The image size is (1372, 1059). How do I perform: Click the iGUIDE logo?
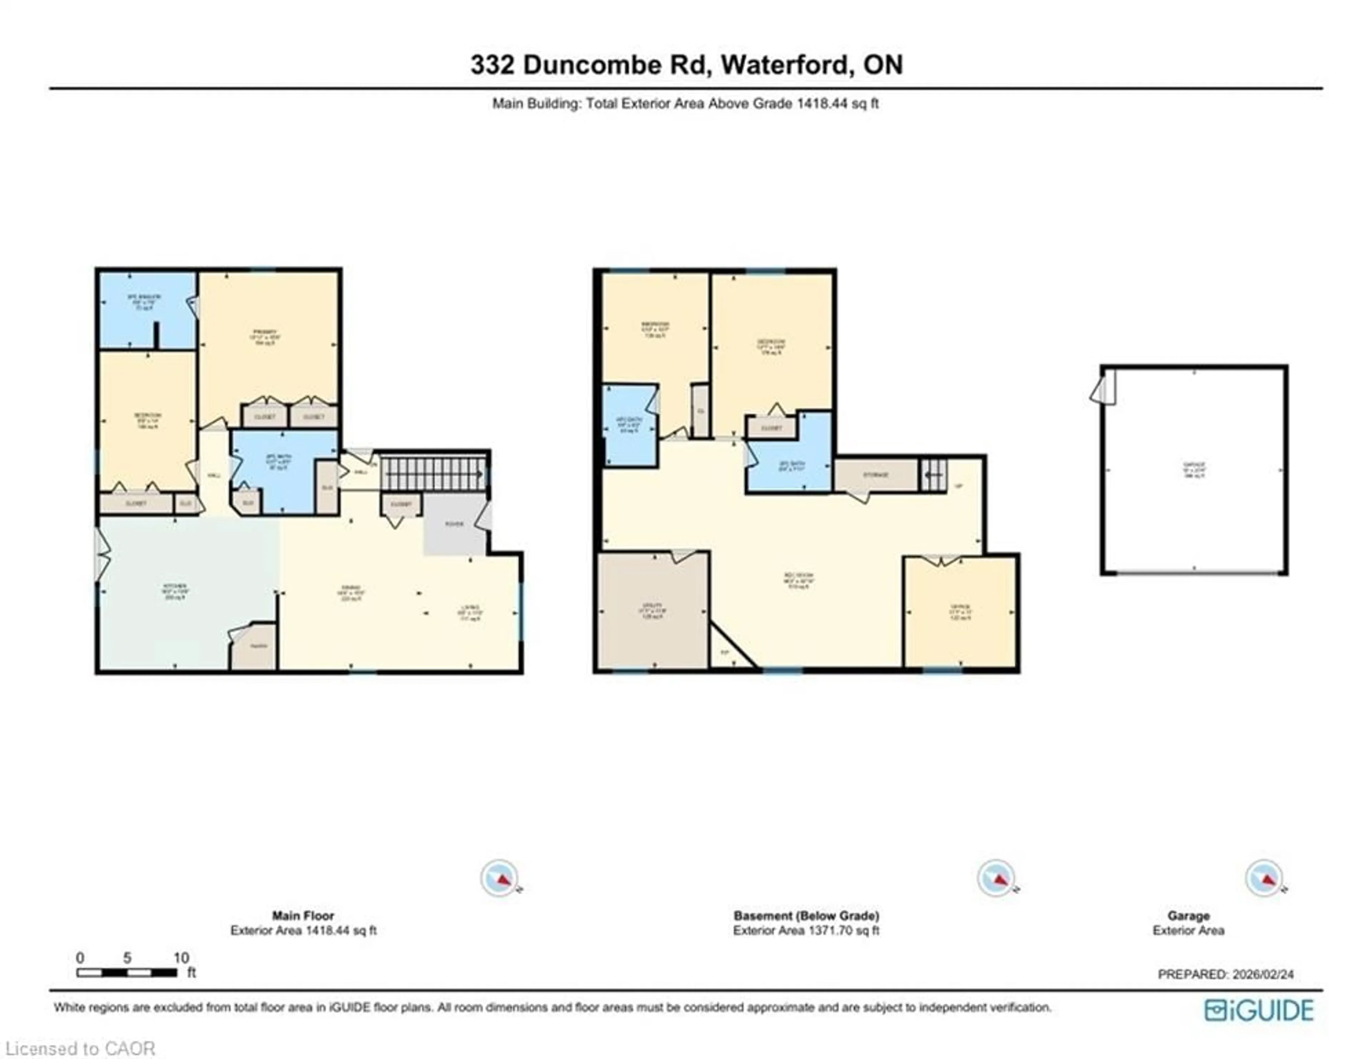coord(1258,1010)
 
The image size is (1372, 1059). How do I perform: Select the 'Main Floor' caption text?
coord(303,916)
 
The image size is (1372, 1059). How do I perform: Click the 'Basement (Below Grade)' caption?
coord(806,916)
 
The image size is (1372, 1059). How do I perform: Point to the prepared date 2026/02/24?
coord(1263,974)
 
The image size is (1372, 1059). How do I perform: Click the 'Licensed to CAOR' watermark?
coord(80,1048)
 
